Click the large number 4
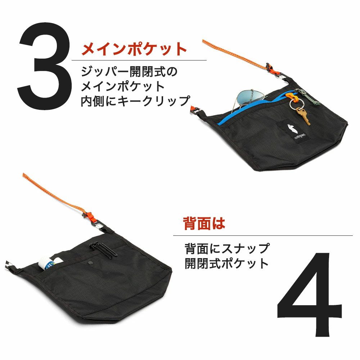(309, 294)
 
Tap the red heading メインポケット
(134, 49)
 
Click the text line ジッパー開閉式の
(129, 71)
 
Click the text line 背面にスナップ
(226, 248)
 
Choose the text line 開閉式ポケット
(226, 263)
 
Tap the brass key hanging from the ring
(303, 116)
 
